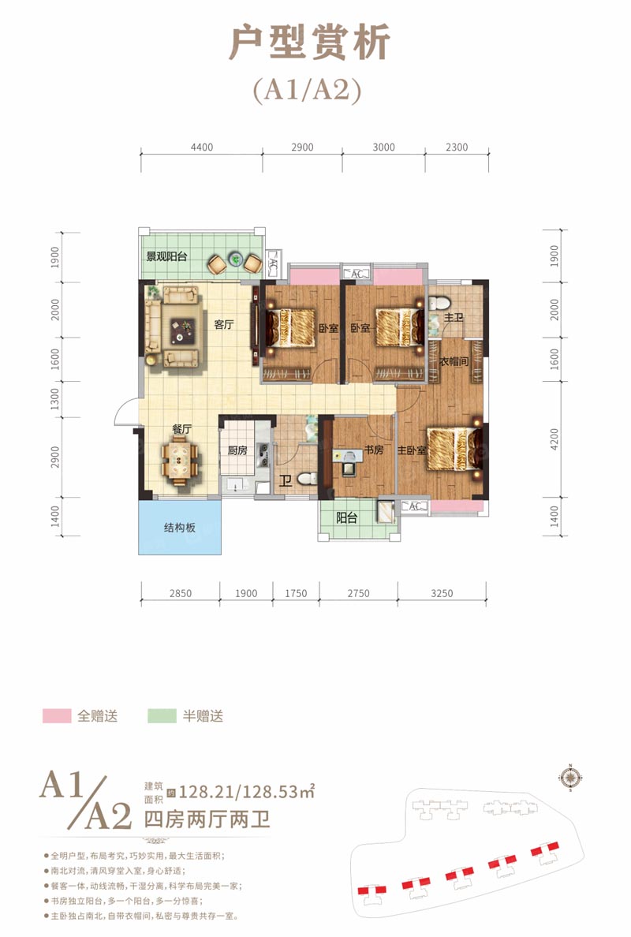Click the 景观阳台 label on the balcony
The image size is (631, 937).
tap(165, 256)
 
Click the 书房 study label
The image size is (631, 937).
tap(374, 452)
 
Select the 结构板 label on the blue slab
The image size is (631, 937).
tap(179, 528)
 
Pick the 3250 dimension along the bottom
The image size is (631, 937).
tap(442, 594)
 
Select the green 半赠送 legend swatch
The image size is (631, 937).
tap(162, 716)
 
